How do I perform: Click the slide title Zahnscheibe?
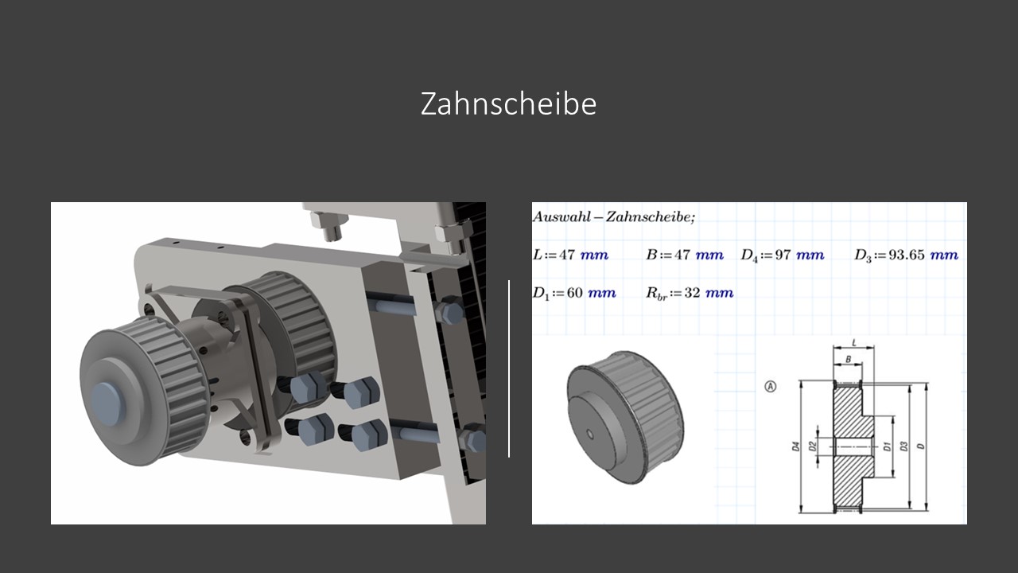click(508, 104)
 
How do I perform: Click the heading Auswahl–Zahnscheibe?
click(613, 217)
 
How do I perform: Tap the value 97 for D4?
click(783, 255)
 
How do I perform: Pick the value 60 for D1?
click(574, 292)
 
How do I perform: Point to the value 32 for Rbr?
click(692, 292)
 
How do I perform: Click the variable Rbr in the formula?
click(656, 294)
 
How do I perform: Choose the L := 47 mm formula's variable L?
click(537, 255)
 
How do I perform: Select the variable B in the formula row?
click(651, 255)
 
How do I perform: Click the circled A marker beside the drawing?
click(771, 387)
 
